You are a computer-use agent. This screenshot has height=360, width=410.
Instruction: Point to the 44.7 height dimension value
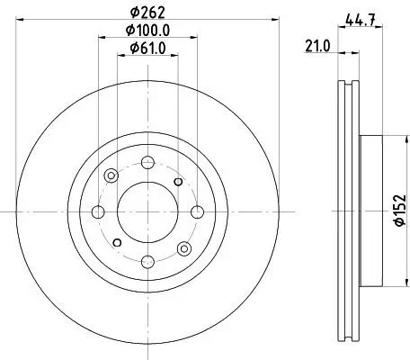point(360,18)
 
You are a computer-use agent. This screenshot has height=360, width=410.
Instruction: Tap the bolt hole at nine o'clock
point(98,212)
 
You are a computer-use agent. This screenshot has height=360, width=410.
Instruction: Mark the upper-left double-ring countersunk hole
point(111,176)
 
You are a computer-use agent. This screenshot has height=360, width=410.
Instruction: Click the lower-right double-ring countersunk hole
point(184,248)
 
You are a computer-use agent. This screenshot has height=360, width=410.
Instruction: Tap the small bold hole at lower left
point(116,243)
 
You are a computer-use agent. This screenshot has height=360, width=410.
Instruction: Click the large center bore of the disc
point(147,212)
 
